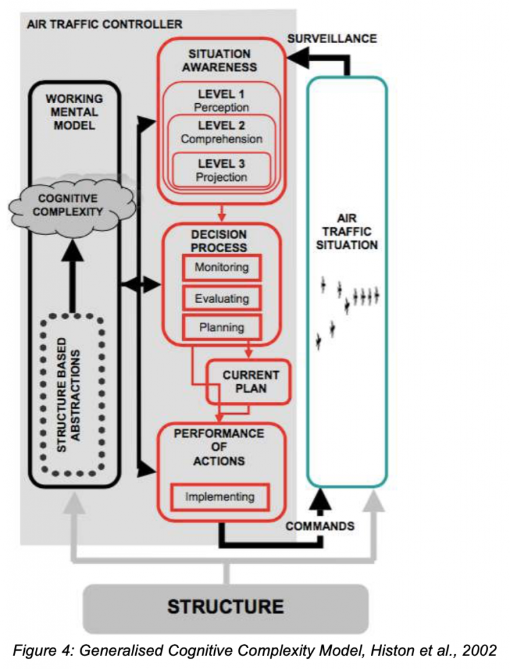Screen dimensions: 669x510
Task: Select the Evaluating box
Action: [x=221, y=298]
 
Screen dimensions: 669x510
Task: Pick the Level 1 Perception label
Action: [x=221, y=101]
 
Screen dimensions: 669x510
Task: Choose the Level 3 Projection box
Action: [x=221, y=171]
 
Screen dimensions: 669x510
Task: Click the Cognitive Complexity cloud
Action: [x=72, y=204]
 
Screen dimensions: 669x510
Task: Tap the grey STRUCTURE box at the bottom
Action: [x=225, y=607]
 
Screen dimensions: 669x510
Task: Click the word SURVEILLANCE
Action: [x=332, y=39]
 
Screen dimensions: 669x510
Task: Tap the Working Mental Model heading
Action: [x=74, y=111]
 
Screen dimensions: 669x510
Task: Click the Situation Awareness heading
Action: [x=221, y=60]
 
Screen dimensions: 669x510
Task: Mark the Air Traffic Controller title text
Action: [x=104, y=25]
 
